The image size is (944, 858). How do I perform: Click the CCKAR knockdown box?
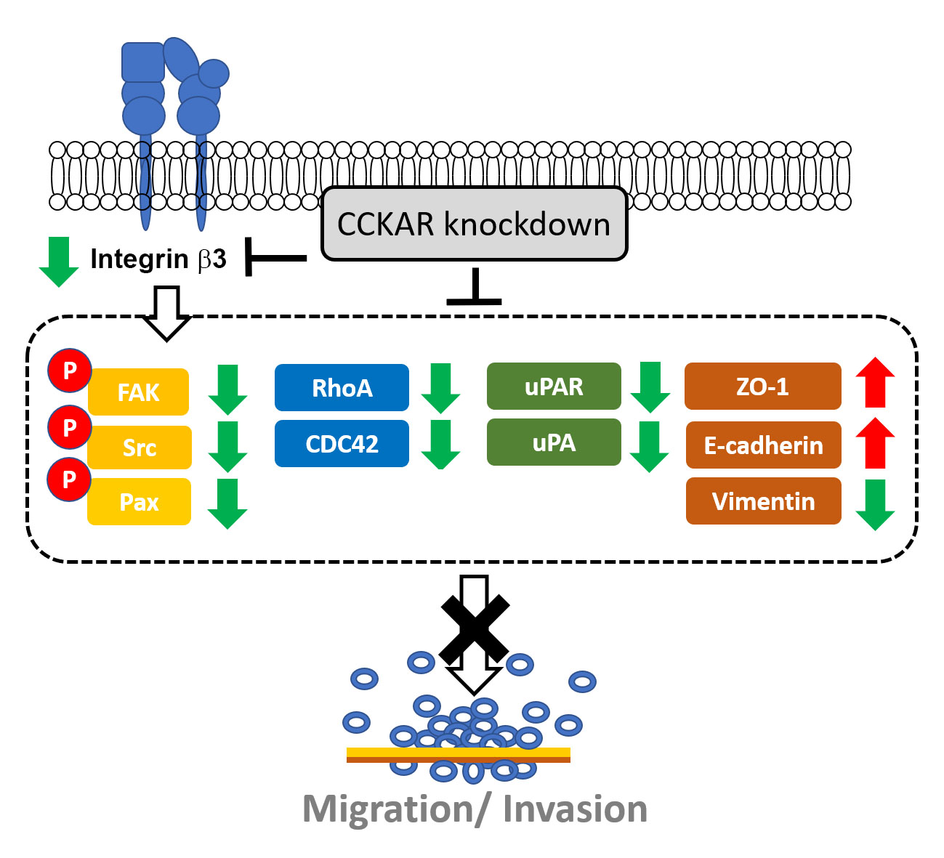pos(474,224)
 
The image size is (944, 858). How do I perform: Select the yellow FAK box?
pos(138,392)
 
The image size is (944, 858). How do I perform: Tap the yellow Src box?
pos(140,447)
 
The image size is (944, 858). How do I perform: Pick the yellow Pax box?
pos(140,502)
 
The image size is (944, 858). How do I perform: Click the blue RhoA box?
pos(342,388)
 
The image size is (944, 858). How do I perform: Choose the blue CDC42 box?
pos(342,443)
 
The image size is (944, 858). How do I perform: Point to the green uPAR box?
pos(554,386)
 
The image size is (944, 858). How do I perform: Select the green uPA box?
pos(554,442)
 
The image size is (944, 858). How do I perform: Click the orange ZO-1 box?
pos(763,386)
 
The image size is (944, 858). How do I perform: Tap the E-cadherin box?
pos(763,445)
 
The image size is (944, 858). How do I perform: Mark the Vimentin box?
pos(763,501)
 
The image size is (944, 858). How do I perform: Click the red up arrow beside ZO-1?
pos(875,382)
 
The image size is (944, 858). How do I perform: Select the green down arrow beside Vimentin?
pos(875,505)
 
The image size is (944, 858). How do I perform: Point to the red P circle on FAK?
pos(70,371)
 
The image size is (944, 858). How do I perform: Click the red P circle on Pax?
pos(69,479)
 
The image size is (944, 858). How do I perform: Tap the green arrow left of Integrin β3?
pos(59,262)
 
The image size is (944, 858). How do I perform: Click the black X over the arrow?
pos(475,628)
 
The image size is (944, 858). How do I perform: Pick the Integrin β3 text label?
pos(158,259)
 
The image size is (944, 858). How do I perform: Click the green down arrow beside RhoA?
pos(440,388)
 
